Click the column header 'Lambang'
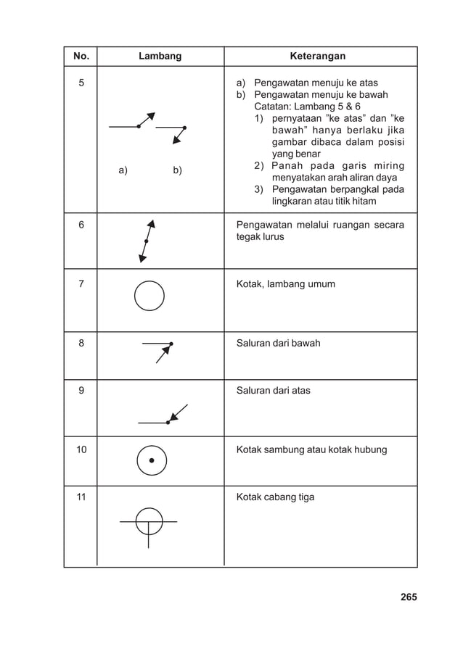[160, 56]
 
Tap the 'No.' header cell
[80, 56]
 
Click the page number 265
[408, 597]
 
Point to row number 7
[80, 283]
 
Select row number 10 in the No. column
[81, 449]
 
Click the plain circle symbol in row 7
[149, 296]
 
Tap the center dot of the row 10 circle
[152, 460]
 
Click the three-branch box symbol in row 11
[149, 522]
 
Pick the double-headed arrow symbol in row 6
[147, 240]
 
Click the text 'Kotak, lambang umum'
[286, 283]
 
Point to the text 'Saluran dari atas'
[274, 390]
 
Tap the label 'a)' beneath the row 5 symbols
[123, 171]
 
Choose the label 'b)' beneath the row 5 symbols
[177, 171]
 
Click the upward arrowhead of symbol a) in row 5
[151, 116]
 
